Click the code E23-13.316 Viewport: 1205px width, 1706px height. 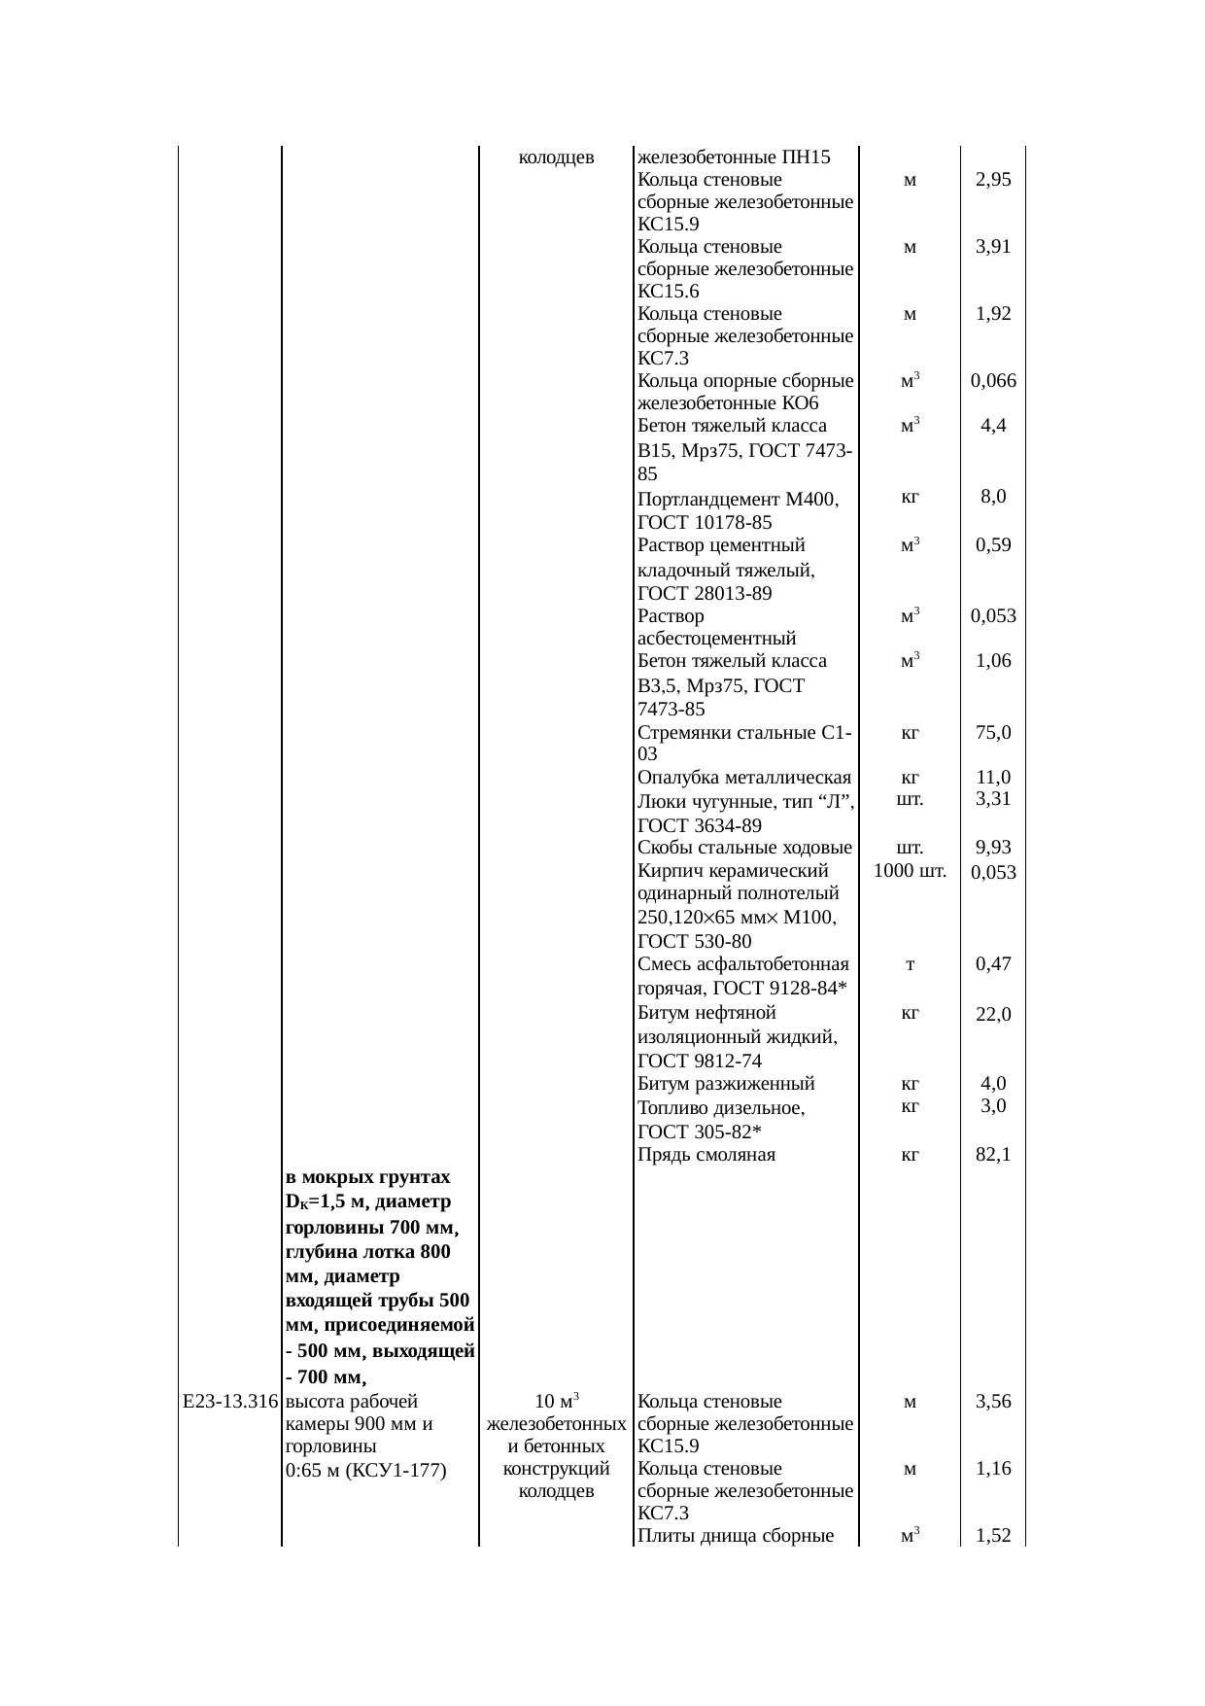click(x=229, y=1402)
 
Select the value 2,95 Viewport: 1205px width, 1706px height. click(x=993, y=180)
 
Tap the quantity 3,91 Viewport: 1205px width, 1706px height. click(x=993, y=247)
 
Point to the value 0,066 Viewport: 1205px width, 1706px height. click(x=993, y=381)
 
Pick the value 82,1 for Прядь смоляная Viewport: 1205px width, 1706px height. click(x=993, y=1155)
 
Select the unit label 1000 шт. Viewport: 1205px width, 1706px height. click(x=910, y=871)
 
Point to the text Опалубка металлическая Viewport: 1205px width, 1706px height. click(x=744, y=778)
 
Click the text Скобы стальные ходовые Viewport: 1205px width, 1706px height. click(x=744, y=849)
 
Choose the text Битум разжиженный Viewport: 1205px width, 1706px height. click(x=726, y=1084)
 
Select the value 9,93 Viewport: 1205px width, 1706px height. click(x=993, y=849)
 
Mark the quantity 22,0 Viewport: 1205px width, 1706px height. click(x=993, y=1015)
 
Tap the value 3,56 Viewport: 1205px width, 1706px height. click(x=993, y=1402)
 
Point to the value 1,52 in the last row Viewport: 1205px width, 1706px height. click(x=993, y=1536)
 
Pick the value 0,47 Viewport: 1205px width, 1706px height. click(x=993, y=964)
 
